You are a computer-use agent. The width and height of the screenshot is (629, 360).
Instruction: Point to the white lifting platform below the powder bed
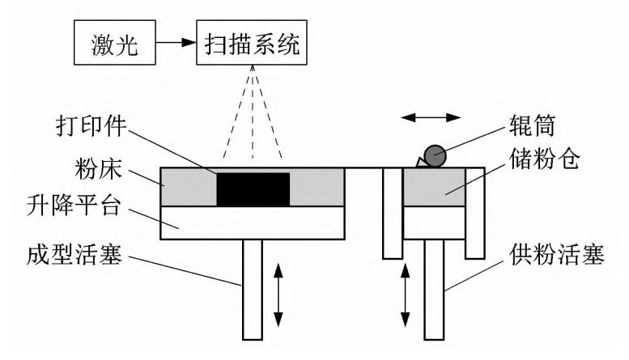click(x=252, y=222)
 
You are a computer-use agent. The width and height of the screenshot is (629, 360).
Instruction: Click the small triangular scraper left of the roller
click(x=421, y=163)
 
